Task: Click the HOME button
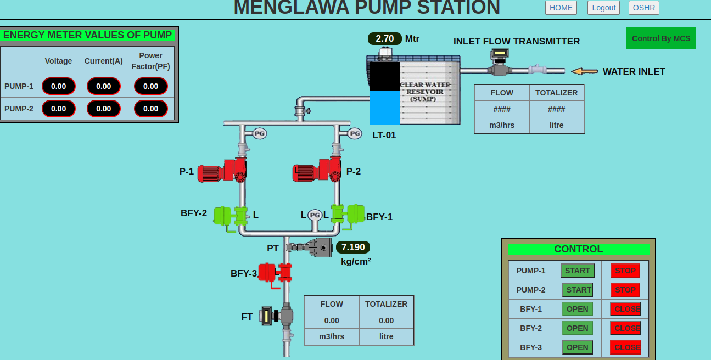(x=561, y=8)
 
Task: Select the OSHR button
(x=643, y=8)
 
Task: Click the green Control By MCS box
(x=661, y=38)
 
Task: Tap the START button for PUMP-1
(x=577, y=271)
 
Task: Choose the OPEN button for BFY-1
(x=577, y=309)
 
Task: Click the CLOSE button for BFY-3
(x=625, y=347)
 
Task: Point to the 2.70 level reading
(x=385, y=39)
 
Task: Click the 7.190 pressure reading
(x=353, y=247)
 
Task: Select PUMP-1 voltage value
(x=59, y=86)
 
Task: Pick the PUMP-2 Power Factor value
(x=151, y=109)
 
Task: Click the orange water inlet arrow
(x=584, y=71)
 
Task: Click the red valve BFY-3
(x=275, y=273)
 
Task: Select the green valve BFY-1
(x=348, y=214)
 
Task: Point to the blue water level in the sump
(x=385, y=108)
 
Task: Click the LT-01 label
(x=384, y=135)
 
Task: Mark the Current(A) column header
(x=103, y=61)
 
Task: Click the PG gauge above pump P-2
(x=355, y=133)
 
